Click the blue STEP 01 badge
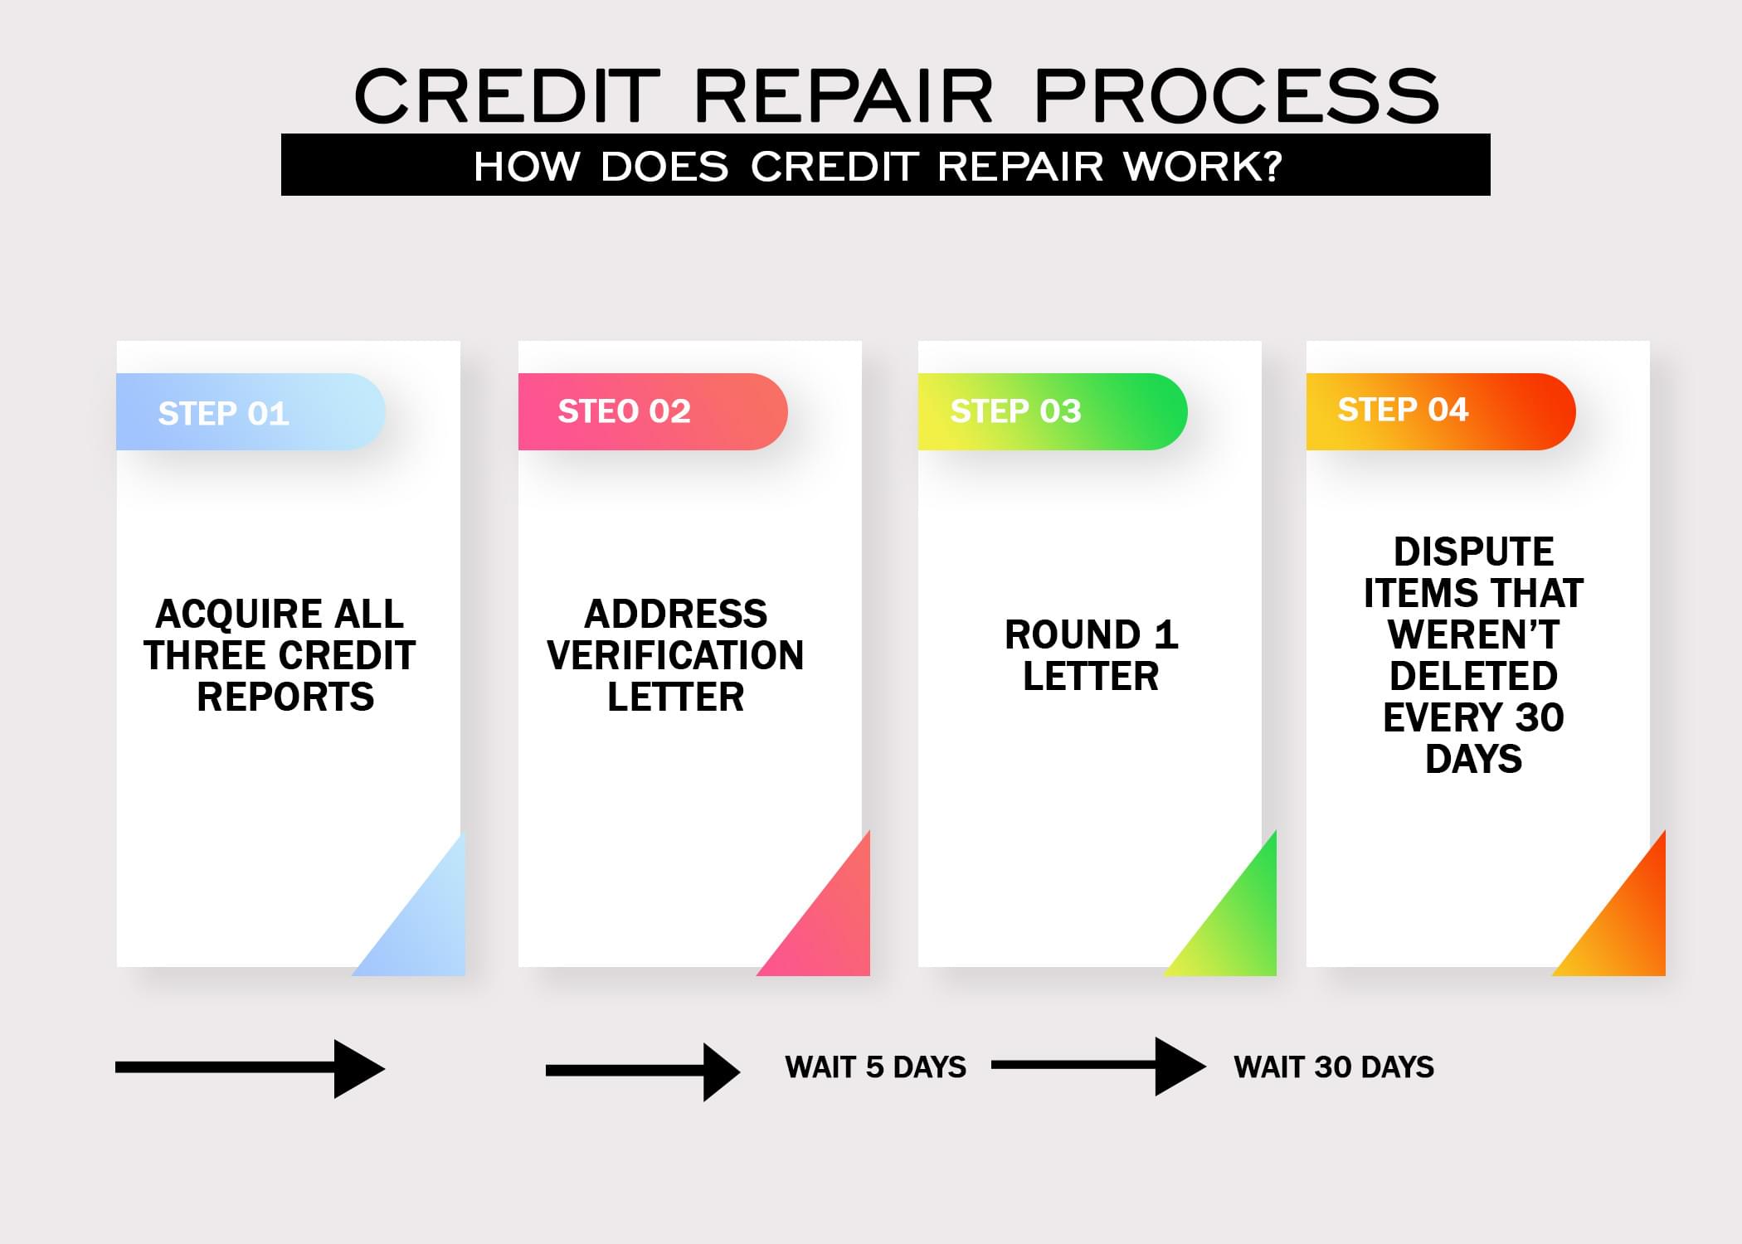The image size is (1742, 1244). (x=251, y=412)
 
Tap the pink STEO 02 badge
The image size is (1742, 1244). (x=653, y=412)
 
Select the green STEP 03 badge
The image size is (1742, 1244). (x=1053, y=412)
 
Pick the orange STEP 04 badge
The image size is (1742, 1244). (x=1441, y=412)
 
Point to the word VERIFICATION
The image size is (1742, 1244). (x=675, y=655)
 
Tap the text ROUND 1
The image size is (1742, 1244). (x=1091, y=634)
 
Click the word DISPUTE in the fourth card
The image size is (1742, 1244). (x=1474, y=552)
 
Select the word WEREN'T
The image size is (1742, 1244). (x=1474, y=634)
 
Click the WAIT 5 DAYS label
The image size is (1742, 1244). (x=875, y=1067)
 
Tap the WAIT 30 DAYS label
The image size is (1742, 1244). (x=1334, y=1067)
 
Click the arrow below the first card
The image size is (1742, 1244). (x=251, y=1068)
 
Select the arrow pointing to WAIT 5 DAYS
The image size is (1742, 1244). (x=643, y=1071)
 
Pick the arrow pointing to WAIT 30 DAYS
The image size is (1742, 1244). (x=1099, y=1066)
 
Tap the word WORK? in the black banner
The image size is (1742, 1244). (x=1203, y=166)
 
